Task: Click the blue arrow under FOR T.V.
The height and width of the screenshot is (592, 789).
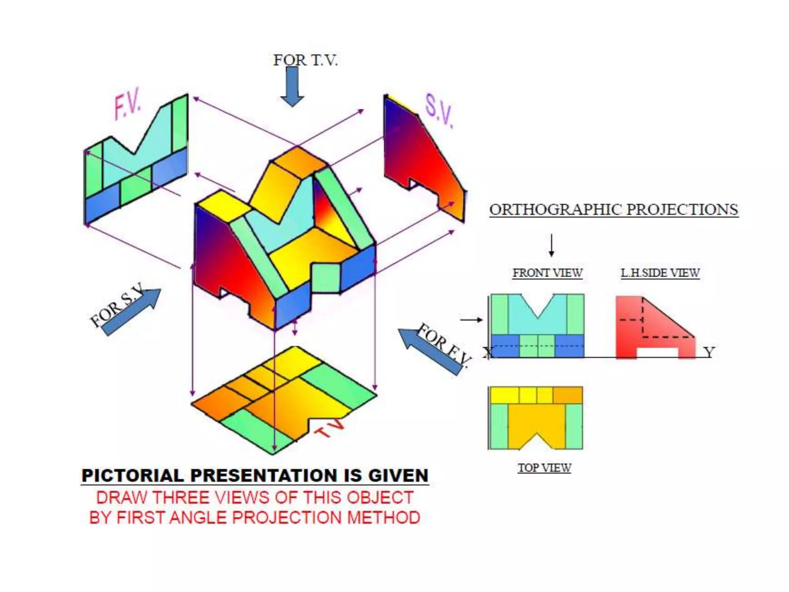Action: (x=292, y=87)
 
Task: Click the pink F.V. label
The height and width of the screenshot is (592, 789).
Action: (x=128, y=103)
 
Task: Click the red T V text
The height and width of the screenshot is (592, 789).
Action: (x=330, y=428)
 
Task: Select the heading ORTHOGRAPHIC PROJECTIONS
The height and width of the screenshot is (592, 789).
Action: (x=614, y=210)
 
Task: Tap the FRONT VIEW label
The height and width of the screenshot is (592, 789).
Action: (x=547, y=273)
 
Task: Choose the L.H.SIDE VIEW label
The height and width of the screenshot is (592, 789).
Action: (x=660, y=273)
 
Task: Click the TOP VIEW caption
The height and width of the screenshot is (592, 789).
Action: (x=544, y=468)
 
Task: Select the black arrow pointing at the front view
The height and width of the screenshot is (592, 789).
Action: (x=472, y=320)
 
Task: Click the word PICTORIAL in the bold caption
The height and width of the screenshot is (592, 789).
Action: (x=133, y=475)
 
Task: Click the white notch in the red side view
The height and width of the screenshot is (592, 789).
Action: (x=657, y=352)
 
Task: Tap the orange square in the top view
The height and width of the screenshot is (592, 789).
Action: (x=568, y=395)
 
